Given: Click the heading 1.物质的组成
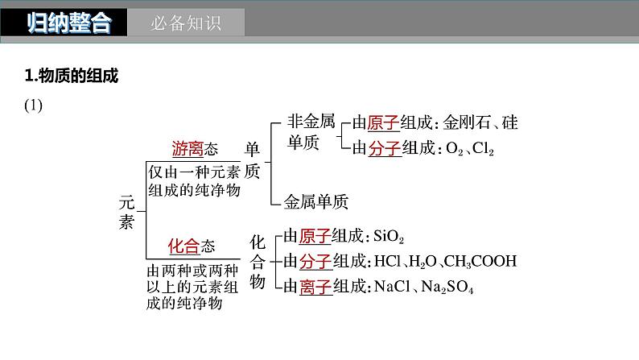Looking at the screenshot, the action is pos(72,77).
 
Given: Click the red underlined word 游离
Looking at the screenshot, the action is pos(188,148).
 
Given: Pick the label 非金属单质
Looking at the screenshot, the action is pos(310,134).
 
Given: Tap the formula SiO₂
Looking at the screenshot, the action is pos(389,237).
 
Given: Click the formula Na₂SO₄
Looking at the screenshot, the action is pos(445,286).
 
